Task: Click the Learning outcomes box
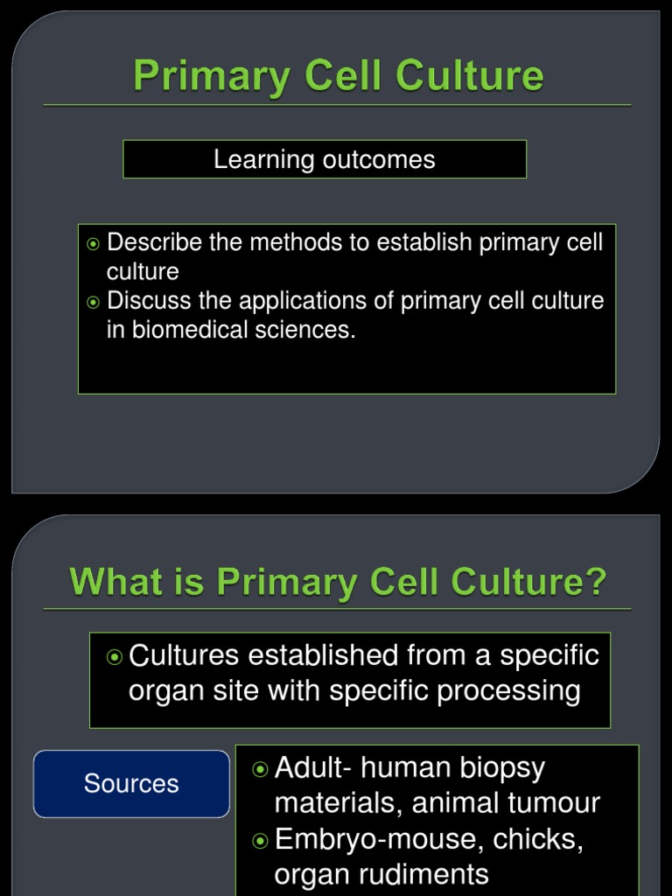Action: click(x=325, y=159)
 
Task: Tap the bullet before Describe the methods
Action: click(x=94, y=244)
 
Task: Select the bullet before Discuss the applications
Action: click(x=94, y=303)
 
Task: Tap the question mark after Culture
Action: click(x=597, y=582)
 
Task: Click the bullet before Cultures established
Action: click(x=114, y=656)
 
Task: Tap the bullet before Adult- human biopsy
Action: click(x=260, y=769)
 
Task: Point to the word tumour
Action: click(x=559, y=802)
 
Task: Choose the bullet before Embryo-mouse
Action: click(x=260, y=841)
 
